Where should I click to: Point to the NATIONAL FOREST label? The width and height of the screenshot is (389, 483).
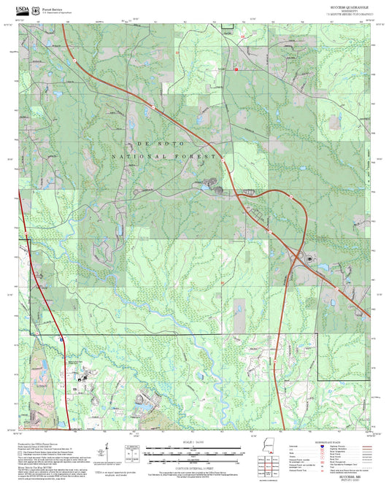tap(166, 157)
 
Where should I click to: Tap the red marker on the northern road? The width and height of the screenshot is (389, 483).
tap(236, 69)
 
